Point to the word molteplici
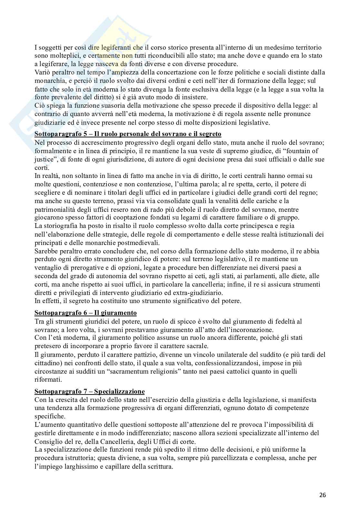pyautogui.click(x=62, y=55)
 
